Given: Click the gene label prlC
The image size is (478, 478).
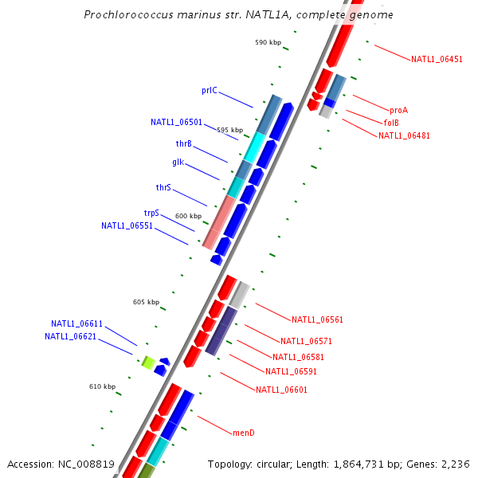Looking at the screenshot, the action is pyautogui.click(x=209, y=91).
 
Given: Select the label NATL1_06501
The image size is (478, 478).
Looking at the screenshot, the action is pyautogui.click(x=176, y=123).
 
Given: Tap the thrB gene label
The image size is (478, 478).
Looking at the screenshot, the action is pyautogui.click(x=183, y=143).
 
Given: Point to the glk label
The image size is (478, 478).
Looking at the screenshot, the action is pyautogui.click(x=178, y=163).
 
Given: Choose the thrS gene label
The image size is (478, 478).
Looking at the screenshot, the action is pyautogui.click(x=163, y=188).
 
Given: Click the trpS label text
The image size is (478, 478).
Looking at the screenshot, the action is pyautogui.click(x=151, y=214).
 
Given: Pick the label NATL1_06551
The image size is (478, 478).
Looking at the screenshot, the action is pyautogui.click(x=127, y=225).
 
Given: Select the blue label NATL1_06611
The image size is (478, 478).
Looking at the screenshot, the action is pyautogui.click(x=76, y=324).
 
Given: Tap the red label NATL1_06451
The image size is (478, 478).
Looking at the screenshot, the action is pyautogui.click(x=437, y=60).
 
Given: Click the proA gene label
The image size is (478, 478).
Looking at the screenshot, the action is pyautogui.click(x=398, y=110).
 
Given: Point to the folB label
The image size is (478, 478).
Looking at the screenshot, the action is pyautogui.click(x=391, y=123).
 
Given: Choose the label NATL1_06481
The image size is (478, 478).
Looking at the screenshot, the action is pyautogui.click(x=404, y=135).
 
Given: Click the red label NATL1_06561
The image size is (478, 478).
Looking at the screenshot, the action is pyautogui.click(x=317, y=320).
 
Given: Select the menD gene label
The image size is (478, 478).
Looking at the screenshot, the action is pyautogui.click(x=243, y=433).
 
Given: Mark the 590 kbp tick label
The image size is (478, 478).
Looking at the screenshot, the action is pyautogui.click(x=268, y=42).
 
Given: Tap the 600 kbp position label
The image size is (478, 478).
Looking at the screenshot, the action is pyautogui.click(x=189, y=216).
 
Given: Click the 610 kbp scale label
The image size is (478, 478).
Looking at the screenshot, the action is pyautogui.click(x=102, y=386).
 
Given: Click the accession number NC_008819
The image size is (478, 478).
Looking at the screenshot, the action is pyautogui.click(x=89, y=464).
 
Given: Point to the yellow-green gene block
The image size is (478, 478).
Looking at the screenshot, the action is pyautogui.click(x=148, y=362).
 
